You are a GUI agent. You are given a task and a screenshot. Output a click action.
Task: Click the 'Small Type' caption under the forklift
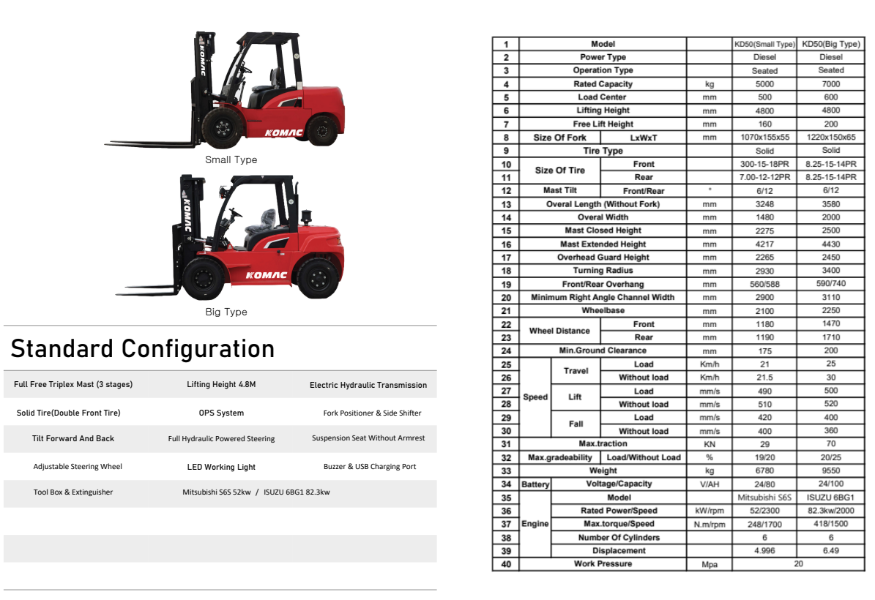tap(231, 160)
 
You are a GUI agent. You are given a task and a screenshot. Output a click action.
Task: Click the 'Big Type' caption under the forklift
tap(226, 312)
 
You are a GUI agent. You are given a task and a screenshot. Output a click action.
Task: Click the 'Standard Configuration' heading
tap(143, 349)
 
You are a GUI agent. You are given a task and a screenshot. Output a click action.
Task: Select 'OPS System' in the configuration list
tap(221, 413)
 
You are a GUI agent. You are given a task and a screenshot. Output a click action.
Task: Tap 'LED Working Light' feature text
tap(221, 467)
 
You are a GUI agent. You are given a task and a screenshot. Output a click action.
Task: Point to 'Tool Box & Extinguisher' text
tap(73, 492)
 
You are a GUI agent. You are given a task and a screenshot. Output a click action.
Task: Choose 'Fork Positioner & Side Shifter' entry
tap(372, 413)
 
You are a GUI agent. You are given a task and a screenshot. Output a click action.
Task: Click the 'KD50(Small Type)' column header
tap(764, 44)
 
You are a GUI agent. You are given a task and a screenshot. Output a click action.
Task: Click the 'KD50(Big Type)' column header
tap(830, 44)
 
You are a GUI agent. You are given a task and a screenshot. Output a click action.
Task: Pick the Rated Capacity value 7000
tap(830, 84)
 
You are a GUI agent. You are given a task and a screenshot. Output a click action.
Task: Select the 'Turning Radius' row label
tap(603, 271)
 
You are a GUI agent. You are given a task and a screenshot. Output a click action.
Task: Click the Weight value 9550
tap(830, 471)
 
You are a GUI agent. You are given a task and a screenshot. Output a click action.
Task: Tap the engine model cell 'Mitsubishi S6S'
tap(764, 498)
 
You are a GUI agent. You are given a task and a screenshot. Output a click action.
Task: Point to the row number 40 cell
tap(505, 564)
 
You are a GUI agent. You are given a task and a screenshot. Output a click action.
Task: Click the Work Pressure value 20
tap(797, 564)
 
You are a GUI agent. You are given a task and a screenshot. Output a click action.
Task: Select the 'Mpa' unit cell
tap(709, 565)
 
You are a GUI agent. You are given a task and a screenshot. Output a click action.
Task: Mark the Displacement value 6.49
tap(830, 551)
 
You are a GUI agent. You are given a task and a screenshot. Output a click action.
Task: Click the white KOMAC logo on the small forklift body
tap(283, 132)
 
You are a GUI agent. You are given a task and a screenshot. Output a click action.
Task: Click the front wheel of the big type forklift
tap(204, 278)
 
